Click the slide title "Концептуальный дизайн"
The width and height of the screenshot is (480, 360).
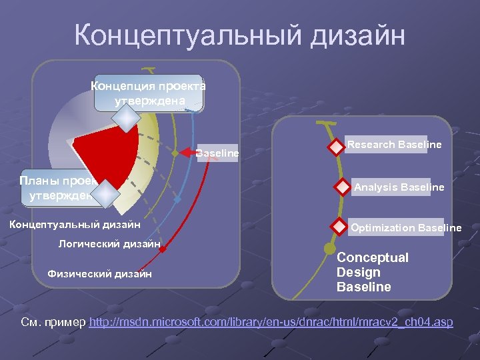[x=239, y=35]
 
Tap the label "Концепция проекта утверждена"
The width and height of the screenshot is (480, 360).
[x=149, y=93]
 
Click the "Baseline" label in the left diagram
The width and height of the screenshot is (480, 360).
[x=217, y=153]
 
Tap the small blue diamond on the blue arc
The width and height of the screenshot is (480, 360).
[x=177, y=199]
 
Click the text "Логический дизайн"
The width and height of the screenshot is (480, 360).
[x=109, y=244]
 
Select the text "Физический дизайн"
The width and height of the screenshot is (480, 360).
[x=99, y=273]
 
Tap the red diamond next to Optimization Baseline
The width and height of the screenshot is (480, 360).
[x=340, y=227]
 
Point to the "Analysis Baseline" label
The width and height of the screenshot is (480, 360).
[x=399, y=187]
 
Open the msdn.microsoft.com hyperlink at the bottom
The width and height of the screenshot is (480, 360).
[x=271, y=323]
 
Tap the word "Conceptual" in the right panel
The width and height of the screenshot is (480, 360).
[x=373, y=257]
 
